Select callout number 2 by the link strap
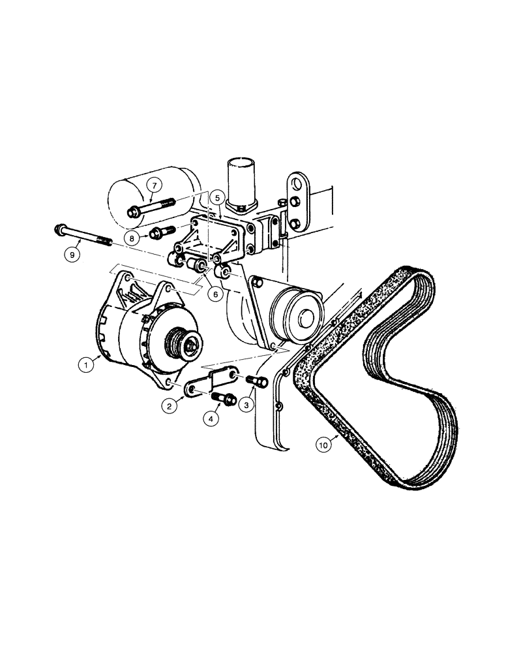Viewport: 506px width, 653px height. point(170,406)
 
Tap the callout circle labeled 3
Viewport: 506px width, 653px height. point(247,406)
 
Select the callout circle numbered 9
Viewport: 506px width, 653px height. point(72,253)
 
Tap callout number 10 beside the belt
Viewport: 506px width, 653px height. point(324,445)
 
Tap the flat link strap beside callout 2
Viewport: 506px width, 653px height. point(207,385)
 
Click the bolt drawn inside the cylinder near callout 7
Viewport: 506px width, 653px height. point(151,208)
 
